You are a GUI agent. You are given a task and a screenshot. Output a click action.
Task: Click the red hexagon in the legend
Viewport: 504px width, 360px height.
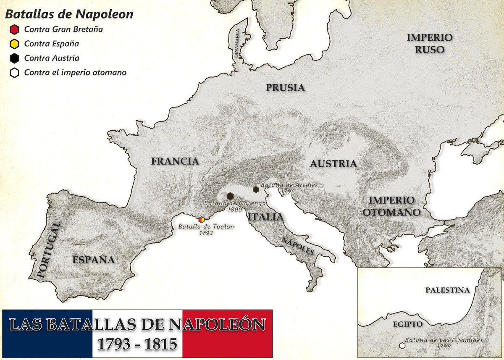click(x=14, y=29)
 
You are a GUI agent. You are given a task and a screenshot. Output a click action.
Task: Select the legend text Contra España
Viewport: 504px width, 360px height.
click(x=51, y=44)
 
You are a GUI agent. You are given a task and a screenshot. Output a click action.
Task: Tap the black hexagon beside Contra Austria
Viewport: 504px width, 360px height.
click(x=14, y=58)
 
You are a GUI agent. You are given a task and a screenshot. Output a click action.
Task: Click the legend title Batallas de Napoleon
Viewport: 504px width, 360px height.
click(x=69, y=14)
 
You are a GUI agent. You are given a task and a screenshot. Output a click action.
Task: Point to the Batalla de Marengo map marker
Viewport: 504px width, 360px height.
click(x=230, y=196)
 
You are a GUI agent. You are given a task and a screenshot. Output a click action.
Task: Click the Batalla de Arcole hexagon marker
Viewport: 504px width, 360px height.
click(x=256, y=189)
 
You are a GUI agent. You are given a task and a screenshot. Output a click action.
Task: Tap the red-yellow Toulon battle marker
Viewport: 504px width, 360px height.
click(x=202, y=219)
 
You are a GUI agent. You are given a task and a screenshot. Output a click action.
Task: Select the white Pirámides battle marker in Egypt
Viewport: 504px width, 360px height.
click(x=402, y=346)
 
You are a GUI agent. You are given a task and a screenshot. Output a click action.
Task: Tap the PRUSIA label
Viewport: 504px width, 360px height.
click(x=285, y=88)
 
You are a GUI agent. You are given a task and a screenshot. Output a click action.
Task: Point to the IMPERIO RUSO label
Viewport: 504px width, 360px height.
click(x=429, y=43)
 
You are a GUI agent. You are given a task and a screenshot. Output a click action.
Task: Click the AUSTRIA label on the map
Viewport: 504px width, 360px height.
click(x=333, y=164)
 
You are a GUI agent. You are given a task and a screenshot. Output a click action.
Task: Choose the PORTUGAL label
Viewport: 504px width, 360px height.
click(x=48, y=250)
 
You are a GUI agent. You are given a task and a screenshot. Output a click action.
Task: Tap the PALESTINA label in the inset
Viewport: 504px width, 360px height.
click(x=447, y=290)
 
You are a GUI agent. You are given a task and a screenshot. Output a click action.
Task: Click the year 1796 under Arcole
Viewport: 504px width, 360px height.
click(x=288, y=191)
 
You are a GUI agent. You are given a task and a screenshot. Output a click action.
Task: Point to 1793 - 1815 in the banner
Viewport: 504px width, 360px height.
click(x=137, y=344)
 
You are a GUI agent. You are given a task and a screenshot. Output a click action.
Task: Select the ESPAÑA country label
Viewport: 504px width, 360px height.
click(x=93, y=260)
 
